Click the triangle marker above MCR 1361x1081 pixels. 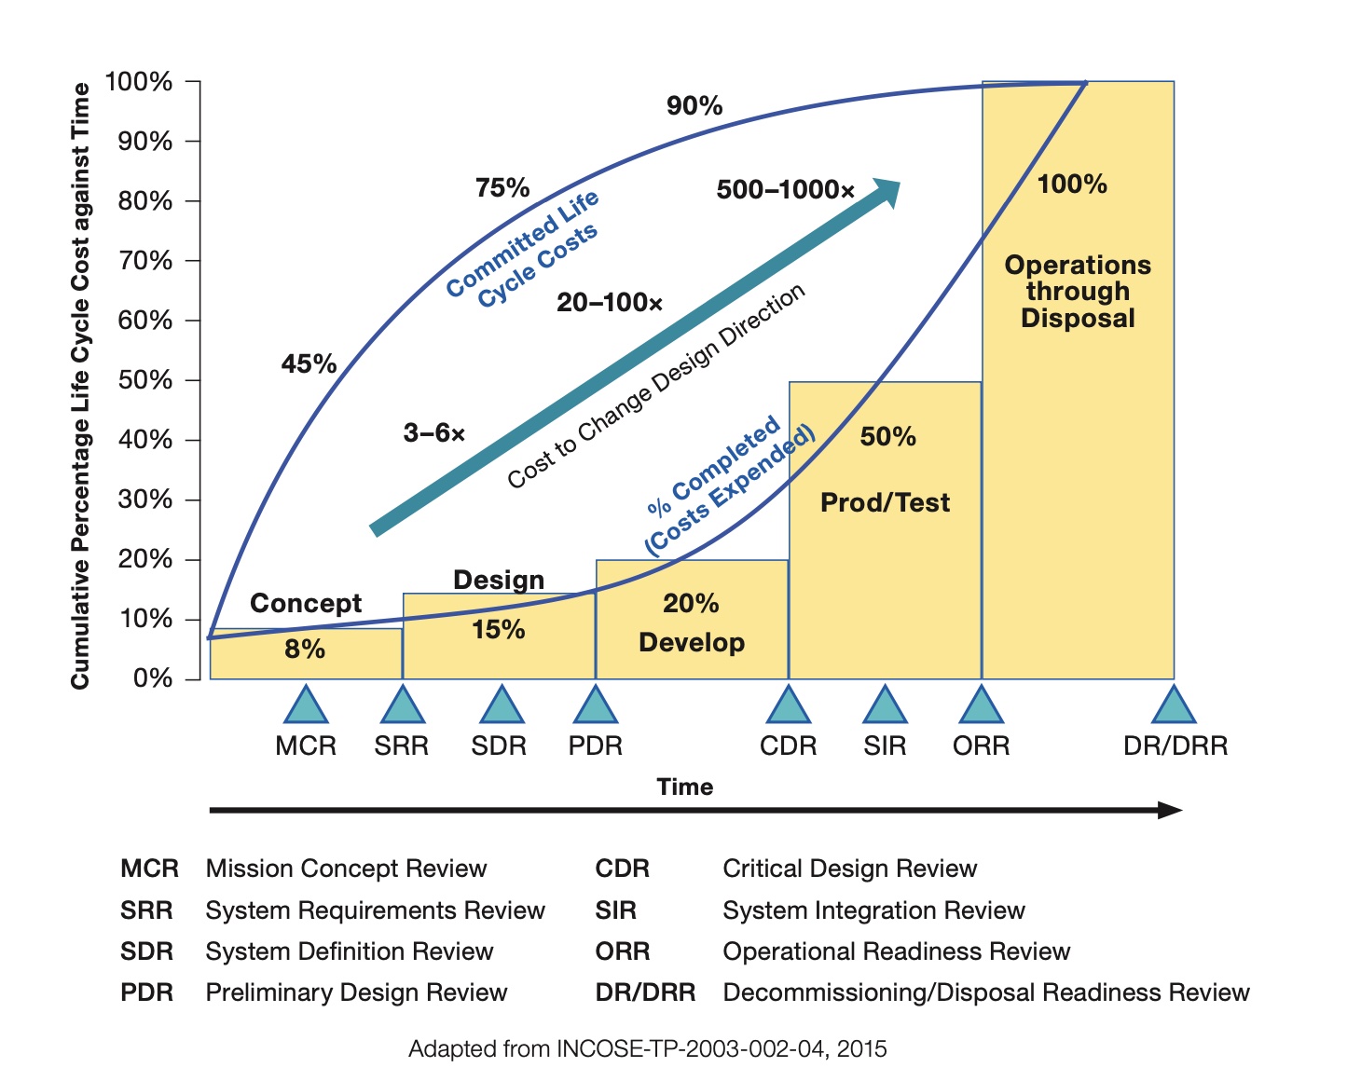coord(306,707)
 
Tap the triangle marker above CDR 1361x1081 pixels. coord(788,707)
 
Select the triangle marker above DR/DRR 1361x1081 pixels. coord(1174,707)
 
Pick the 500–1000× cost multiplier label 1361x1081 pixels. coord(785,190)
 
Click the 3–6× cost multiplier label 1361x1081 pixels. coord(434,432)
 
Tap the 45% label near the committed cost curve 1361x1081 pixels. coord(309,363)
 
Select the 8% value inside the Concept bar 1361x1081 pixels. coord(305,650)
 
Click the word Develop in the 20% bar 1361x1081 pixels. coord(692,643)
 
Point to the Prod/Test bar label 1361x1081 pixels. coord(885,503)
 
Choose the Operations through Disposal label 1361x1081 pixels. coord(1078,292)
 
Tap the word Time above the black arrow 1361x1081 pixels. coord(685,787)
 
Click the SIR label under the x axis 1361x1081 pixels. coord(885,746)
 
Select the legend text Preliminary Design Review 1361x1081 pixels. coord(356,992)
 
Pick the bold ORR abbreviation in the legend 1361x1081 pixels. coord(623,951)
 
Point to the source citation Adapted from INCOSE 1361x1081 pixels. coord(648,1049)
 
